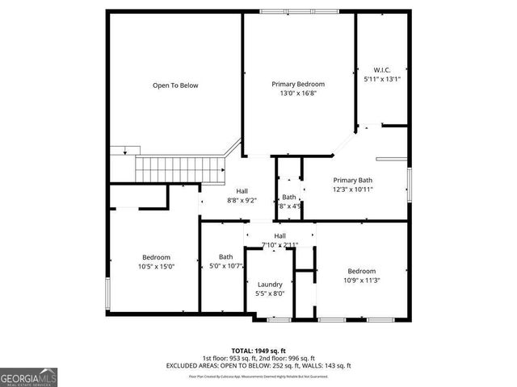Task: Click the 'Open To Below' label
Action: (x=175, y=85)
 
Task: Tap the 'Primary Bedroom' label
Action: (x=298, y=85)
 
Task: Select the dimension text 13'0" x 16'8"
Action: (x=298, y=94)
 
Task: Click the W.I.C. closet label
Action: (x=382, y=69)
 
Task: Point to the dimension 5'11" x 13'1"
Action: (x=382, y=79)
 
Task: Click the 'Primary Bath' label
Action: (x=354, y=180)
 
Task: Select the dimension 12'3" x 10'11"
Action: (x=354, y=189)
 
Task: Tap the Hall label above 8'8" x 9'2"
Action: (x=242, y=191)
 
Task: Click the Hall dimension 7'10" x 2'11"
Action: (x=280, y=244)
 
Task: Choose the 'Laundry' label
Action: (x=270, y=285)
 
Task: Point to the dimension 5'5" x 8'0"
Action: (x=270, y=294)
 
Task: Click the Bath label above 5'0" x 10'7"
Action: (x=225, y=257)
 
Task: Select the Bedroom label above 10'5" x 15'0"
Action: (x=156, y=257)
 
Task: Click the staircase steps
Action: (x=178, y=170)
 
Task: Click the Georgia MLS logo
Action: (x=27, y=377)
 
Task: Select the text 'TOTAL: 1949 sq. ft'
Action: (x=258, y=351)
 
